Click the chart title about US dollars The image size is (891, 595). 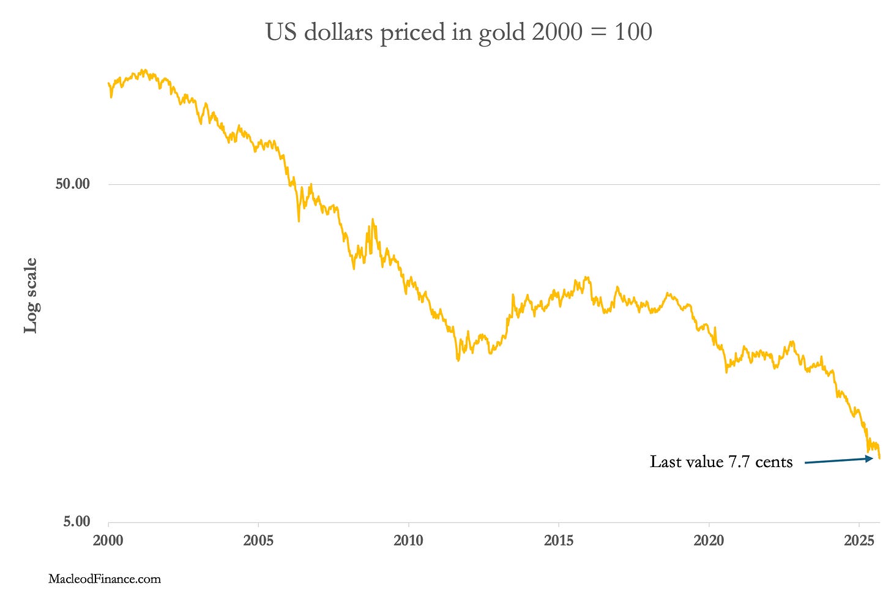point(458,32)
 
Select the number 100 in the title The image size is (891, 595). point(633,32)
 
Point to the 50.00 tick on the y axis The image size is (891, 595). point(72,184)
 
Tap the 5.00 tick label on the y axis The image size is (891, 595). point(76,522)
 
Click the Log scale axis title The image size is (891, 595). point(31,296)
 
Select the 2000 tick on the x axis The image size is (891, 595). point(108,541)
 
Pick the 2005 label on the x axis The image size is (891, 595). point(258,541)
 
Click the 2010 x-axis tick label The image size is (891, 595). point(408,541)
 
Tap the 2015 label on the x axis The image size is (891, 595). point(558,541)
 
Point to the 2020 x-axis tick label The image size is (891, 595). point(709,541)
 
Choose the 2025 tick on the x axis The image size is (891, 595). point(859,541)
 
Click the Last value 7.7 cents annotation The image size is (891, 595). point(721,462)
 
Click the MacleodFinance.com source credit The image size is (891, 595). point(105,578)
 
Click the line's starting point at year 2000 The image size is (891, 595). point(108,83)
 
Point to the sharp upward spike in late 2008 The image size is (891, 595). point(373,219)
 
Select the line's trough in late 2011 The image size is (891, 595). point(458,360)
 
